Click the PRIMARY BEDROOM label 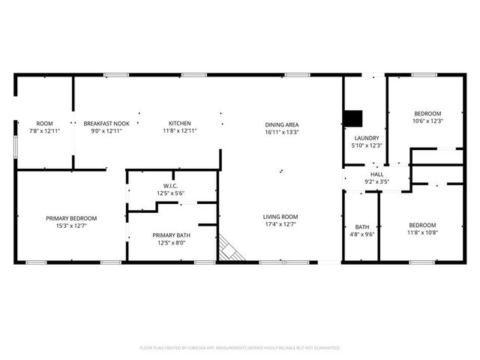[x=71, y=218]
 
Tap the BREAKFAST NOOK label [x=106, y=123]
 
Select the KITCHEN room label [x=180, y=123]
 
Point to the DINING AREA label [x=282, y=124]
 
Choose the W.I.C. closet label [x=170, y=186]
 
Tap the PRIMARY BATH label [x=171, y=235]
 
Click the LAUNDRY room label [x=367, y=138]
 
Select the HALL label [x=377, y=174]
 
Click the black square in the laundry [x=353, y=118]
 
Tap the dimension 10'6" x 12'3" [x=427, y=121]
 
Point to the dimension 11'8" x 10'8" [x=422, y=232]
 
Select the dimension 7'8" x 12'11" [x=44, y=130]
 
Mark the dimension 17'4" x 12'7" [x=280, y=224]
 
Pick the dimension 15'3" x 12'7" [x=71, y=226]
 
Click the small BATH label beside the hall [x=362, y=226]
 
